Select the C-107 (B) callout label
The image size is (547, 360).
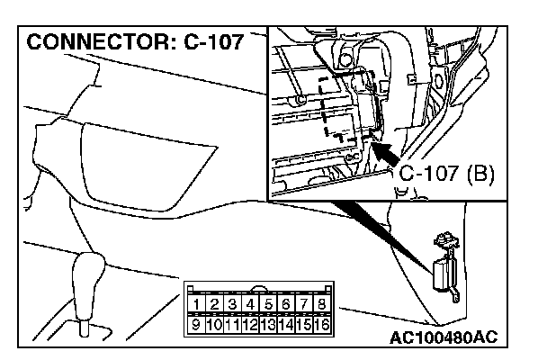pos(446,173)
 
